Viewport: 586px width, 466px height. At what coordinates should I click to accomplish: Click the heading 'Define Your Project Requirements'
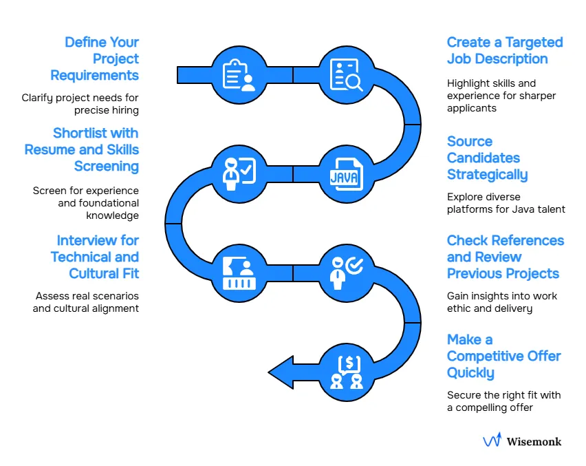click(x=101, y=59)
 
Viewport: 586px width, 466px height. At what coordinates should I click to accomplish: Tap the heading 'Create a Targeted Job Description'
click(x=504, y=51)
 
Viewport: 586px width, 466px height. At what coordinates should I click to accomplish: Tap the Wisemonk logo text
click(x=534, y=441)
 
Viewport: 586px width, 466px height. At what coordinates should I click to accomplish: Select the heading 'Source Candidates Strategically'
click(x=487, y=158)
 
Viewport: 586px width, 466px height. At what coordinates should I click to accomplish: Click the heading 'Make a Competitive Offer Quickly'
click(x=503, y=357)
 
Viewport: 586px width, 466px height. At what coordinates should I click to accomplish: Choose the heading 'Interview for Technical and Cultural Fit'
click(x=94, y=257)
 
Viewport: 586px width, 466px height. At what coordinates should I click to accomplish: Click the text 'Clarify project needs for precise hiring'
click(x=80, y=104)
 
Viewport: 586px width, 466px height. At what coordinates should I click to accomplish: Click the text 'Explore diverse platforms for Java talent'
click(x=506, y=203)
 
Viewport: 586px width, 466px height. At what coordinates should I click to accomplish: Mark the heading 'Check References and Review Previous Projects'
click(x=505, y=257)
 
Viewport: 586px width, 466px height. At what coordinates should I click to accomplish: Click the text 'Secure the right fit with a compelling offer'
click(x=503, y=401)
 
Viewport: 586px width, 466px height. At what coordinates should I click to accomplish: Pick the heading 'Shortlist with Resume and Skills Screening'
click(x=82, y=150)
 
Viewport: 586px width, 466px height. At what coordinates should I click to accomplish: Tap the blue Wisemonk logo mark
click(x=492, y=441)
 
